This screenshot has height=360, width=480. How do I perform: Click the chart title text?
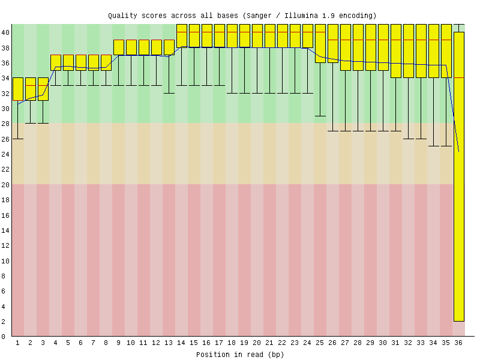click(242, 16)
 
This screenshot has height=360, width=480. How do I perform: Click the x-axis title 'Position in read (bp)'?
click(240, 355)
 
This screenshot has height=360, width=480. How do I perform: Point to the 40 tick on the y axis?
click(5, 32)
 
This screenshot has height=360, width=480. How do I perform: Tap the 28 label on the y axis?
click(5, 124)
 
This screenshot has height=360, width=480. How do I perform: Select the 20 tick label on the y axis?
click(5, 185)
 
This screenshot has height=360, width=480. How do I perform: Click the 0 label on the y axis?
click(3, 337)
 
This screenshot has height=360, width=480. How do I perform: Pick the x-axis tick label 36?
click(458, 343)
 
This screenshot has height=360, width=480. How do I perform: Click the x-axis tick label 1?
click(18, 343)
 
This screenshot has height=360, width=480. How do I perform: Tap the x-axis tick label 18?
click(232, 343)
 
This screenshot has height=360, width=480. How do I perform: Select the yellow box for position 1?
click(18, 89)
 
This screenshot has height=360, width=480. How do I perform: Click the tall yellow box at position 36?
click(459, 176)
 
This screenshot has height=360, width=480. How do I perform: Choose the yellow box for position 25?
click(320, 43)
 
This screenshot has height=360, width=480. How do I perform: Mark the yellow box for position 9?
click(119, 47)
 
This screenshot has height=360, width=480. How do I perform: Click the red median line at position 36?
click(459, 78)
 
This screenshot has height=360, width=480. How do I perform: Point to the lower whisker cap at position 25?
click(320, 116)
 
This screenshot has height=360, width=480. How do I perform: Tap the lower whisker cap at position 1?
click(18, 139)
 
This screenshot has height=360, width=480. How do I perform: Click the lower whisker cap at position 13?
click(169, 93)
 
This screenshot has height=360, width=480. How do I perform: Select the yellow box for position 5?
click(68, 63)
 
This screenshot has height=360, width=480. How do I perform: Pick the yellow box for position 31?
click(396, 51)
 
